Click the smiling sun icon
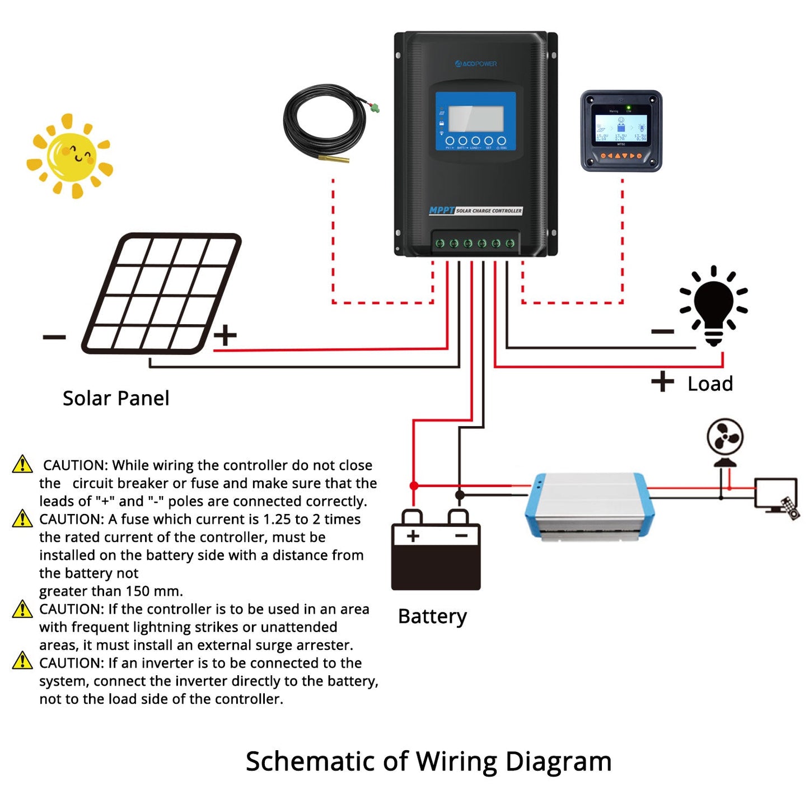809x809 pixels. pyautogui.click(x=71, y=156)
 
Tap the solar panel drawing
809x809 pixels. pyautogui.click(x=161, y=293)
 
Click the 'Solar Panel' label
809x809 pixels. pyautogui.click(x=115, y=398)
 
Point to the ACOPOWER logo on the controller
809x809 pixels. pyautogui.click(x=476, y=64)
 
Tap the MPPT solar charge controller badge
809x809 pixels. pyautogui.click(x=475, y=211)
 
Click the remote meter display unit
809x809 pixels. pyautogui.click(x=621, y=131)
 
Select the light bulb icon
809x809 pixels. pyautogui.click(x=713, y=305)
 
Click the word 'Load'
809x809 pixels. pyautogui.click(x=710, y=384)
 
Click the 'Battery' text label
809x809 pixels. pyautogui.click(x=432, y=616)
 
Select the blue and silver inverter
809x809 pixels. pyautogui.click(x=589, y=506)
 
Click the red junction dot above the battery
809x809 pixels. pyautogui.click(x=414, y=485)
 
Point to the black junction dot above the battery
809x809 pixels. pyautogui.click(x=460, y=495)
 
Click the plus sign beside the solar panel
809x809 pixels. pyautogui.click(x=225, y=335)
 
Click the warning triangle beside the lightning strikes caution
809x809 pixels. pyautogui.click(x=22, y=609)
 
